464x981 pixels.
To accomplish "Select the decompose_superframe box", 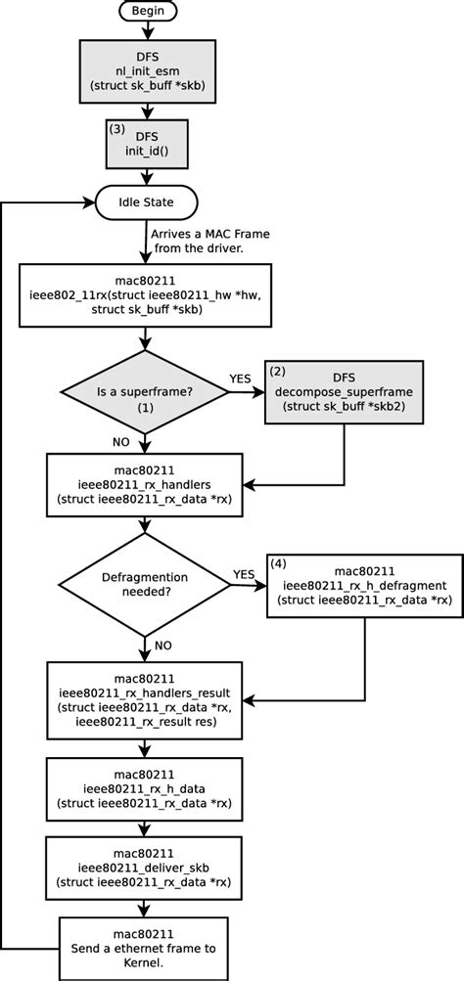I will tap(344, 391).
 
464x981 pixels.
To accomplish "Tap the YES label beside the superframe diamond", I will tap(241, 378).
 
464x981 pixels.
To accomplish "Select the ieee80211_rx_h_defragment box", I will tap(351, 585).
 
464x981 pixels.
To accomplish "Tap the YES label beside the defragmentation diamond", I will tap(245, 574).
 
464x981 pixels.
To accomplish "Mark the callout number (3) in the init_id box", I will tap(115, 127).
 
